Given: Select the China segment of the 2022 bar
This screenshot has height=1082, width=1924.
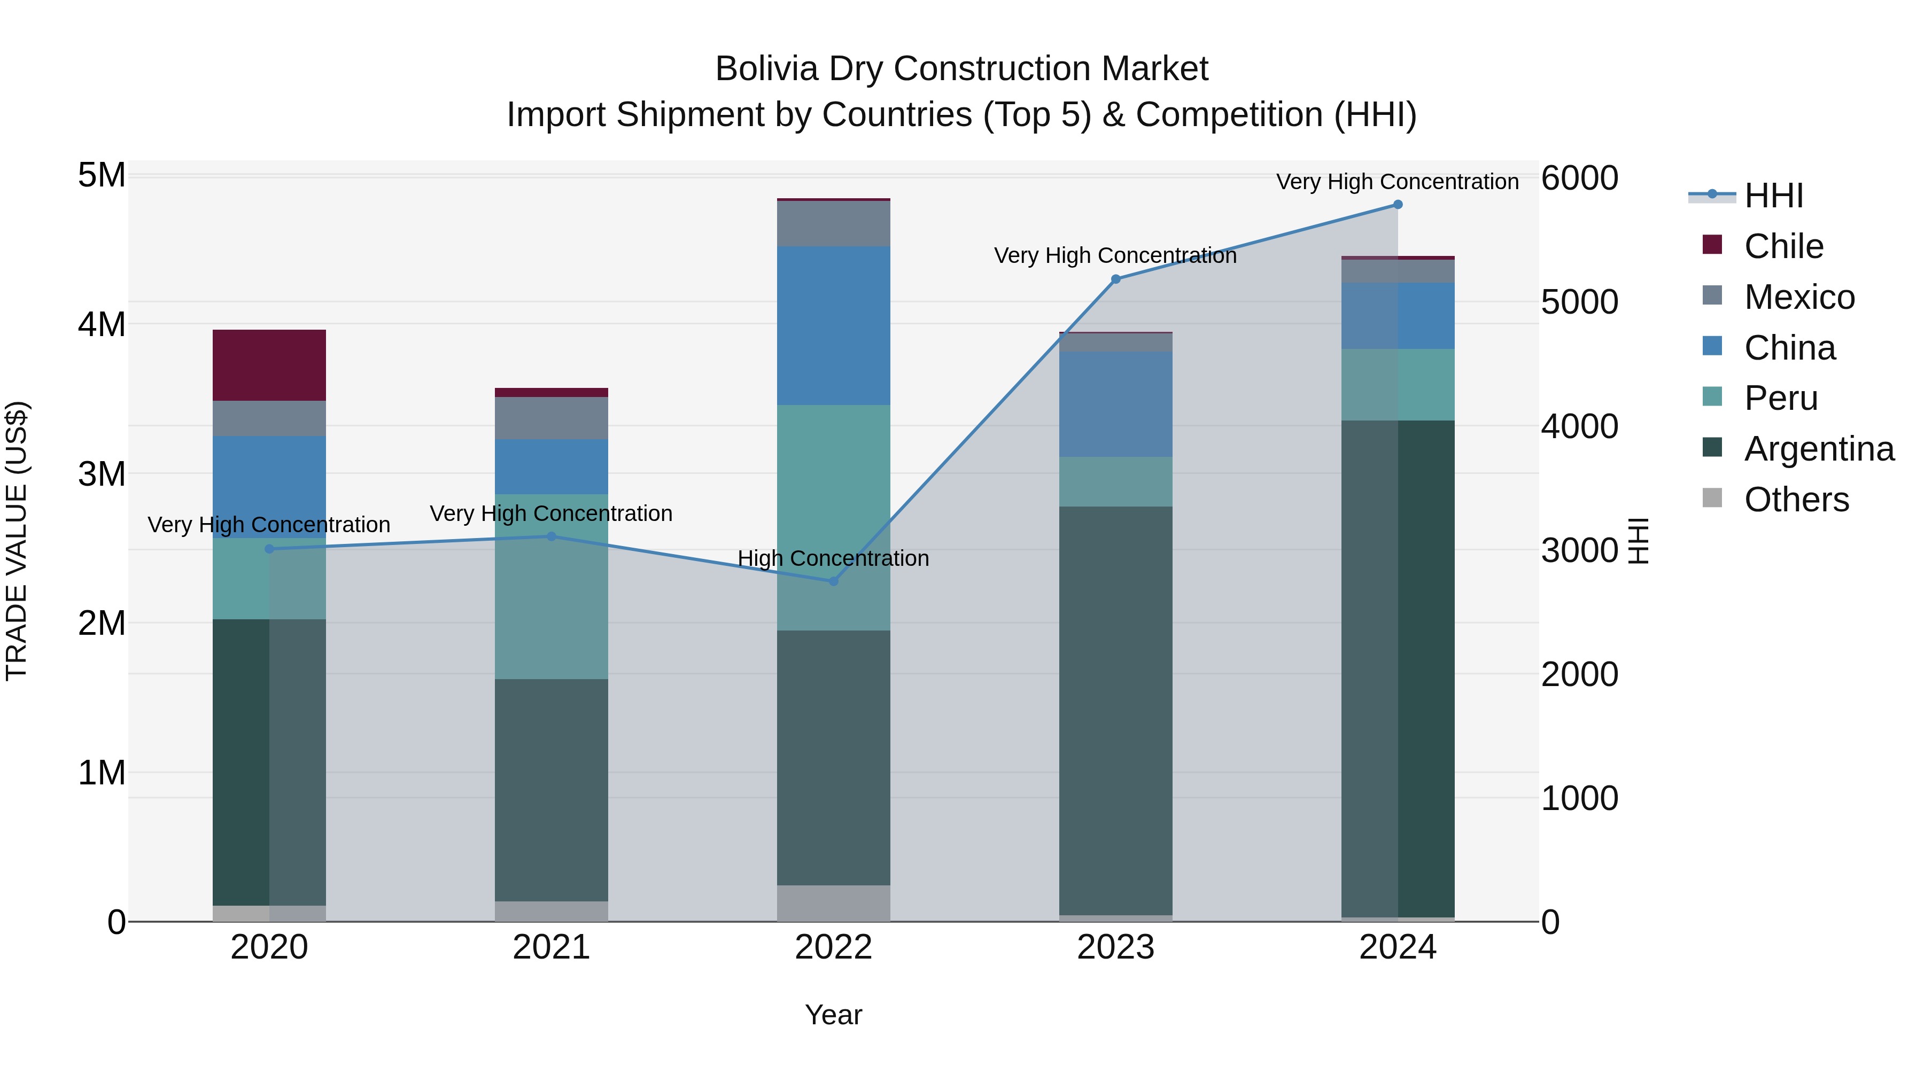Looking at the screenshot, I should (x=834, y=325).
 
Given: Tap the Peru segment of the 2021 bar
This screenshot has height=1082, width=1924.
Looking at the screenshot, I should (x=551, y=586).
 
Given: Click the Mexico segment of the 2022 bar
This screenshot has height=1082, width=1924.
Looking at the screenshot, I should (x=834, y=223).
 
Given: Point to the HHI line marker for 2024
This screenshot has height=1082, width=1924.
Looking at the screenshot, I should (x=1398, y=205).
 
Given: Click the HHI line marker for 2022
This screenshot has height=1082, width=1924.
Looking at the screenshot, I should (x=834, y=581).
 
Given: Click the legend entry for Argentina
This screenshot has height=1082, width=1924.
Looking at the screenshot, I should (x=1819, y=449).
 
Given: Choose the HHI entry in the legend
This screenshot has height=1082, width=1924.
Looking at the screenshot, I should (x=1773, y=196).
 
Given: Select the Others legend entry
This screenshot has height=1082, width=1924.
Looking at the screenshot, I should (x=1796, y=500).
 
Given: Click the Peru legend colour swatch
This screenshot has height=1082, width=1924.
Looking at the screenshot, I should (x=1712, y=396).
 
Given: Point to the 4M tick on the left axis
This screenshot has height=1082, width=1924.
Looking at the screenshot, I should (x=102, y=324).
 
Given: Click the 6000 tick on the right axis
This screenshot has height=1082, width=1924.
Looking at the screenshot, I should (x=1579, y=178).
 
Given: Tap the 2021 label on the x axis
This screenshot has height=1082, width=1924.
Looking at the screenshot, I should (x=551, y=947).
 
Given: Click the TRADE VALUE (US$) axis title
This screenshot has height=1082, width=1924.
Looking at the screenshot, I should (x=17, y=541).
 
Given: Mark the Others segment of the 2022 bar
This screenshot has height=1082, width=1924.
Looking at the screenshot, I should (x=834, y=903).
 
